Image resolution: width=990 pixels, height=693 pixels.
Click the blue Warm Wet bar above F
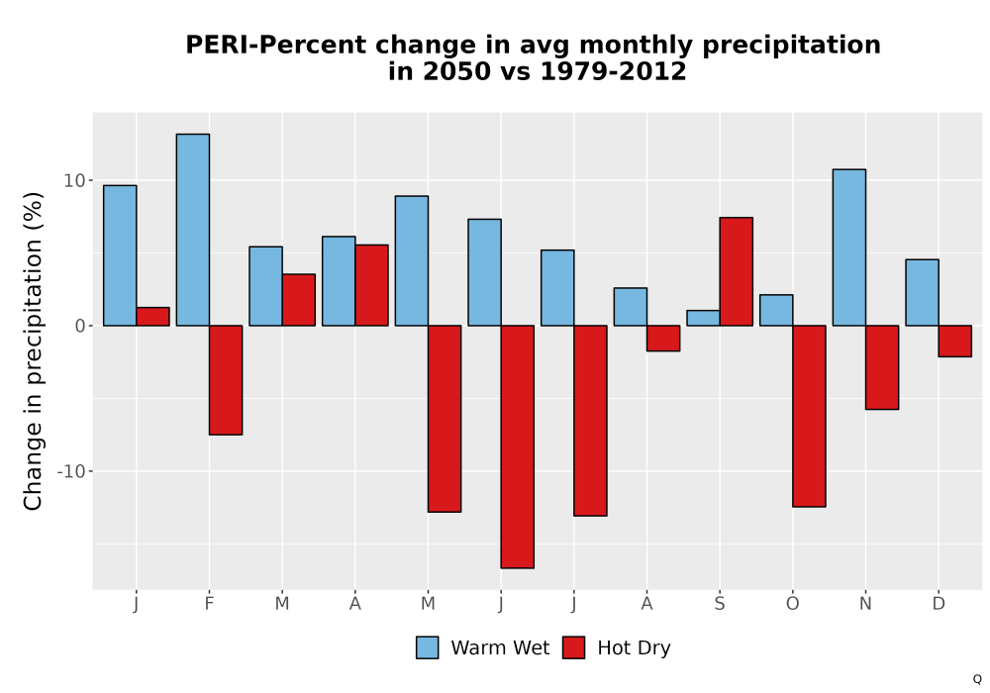click(x=193, y=230)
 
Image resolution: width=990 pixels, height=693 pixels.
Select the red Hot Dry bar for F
click(x=226, y=380)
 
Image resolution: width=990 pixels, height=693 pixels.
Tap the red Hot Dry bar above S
click(x=737, y=271)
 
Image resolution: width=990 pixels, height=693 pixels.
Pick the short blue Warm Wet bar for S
click(x=703, y=318)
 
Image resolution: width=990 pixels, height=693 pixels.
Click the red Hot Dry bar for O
click(x=809, y=416)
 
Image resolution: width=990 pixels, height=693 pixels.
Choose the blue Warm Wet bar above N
click(x=849, y=247)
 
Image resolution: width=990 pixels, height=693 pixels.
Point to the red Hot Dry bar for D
click(x=954, y=342)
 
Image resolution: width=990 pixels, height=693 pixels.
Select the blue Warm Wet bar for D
click(x=922, y=293)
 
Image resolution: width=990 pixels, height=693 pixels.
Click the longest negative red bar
click(x=517, y=446)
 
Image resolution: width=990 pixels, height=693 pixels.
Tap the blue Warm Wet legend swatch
click(x=428, y=647)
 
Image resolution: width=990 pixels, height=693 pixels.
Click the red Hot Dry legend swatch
click(x=573, y=647)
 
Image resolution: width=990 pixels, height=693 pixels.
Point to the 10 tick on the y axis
click(x=74, y=180)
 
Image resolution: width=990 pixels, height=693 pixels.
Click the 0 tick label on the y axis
click(x=80, y=326)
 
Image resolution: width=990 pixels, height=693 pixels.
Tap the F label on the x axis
click(x=209, y=604)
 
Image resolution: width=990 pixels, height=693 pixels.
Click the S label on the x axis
click(x=720, y=604)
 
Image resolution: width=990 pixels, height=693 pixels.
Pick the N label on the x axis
click(x=865, y=604)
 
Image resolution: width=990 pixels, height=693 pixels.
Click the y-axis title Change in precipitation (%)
click(x=33, y=350)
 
